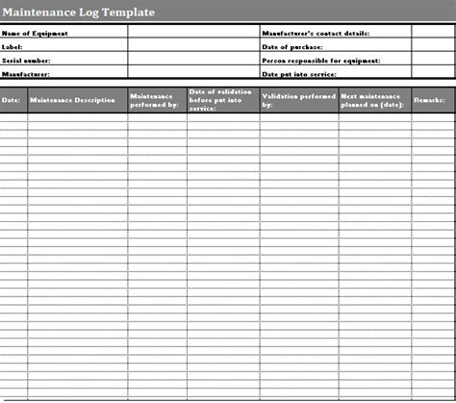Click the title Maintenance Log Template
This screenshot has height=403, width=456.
[x=77, y=12]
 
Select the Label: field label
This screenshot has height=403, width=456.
[x=13, y=46]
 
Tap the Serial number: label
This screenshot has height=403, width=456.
[x=27, y=60]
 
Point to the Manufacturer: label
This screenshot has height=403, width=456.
[x=26, y=73]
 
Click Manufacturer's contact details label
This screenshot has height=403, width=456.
[x=316, y=33]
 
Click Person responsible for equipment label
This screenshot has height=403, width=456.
[x=321, y=60]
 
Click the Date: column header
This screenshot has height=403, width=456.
[x=12, y=100]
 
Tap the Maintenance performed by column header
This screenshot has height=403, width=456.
[x=154, y=100]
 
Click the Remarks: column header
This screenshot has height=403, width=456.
[x=429, y=100]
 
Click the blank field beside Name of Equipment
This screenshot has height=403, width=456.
[x=192, y=33]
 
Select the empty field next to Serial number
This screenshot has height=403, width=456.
[x=192, y=60]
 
